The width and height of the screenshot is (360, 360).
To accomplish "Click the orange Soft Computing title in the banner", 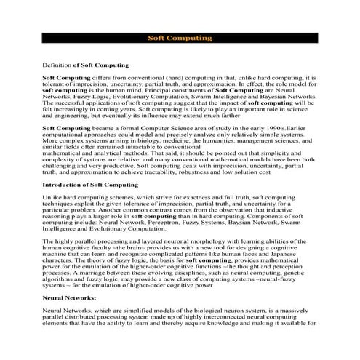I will tap(180, 37).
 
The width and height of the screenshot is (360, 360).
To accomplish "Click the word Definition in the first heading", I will tap(57, 65).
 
